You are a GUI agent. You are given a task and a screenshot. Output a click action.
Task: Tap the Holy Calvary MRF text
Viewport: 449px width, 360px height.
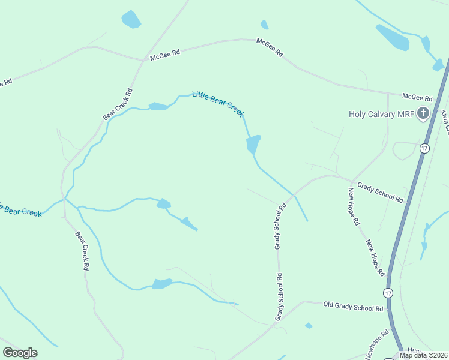point(382,114)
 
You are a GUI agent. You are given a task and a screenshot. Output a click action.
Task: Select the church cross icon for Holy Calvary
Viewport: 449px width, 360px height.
point(423,113)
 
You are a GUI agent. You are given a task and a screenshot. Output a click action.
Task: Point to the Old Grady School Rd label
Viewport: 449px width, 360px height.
point(353,308)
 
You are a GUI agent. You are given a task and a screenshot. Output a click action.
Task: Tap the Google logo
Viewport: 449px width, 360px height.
point(20,353)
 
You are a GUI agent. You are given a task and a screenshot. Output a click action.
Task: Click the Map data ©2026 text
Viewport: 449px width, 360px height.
point(423,355)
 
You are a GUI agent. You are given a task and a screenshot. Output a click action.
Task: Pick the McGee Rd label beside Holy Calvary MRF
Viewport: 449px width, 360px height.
point(417,97)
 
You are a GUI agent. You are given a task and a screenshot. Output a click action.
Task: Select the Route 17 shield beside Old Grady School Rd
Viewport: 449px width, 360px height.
point(388,292)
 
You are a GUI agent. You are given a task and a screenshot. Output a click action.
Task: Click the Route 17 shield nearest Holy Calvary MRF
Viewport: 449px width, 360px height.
point(424,148)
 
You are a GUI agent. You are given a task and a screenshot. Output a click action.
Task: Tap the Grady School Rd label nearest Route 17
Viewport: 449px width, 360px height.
point(381,193)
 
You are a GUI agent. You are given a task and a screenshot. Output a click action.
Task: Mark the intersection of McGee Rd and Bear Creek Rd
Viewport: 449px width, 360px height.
point(142,60)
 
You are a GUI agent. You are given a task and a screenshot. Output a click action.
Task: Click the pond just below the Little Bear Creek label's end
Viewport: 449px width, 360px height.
point(253,144)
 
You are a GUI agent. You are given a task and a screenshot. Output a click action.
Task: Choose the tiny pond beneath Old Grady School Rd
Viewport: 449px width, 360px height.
point(309,326)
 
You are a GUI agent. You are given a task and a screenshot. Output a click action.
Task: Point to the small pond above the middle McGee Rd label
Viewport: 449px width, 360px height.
point(264,25)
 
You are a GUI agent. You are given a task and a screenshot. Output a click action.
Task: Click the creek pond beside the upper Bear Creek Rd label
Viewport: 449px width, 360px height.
point(158,107)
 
